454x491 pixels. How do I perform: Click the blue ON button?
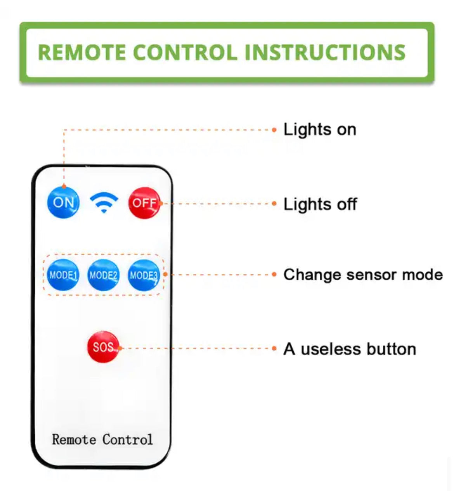(63, 202)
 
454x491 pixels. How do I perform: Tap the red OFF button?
(144, 203)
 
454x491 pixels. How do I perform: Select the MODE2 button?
(104, 275)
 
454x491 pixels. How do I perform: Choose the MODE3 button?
(144, 275)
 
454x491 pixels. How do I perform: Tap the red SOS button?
(104, 347)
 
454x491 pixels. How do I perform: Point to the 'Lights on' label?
(320, 129)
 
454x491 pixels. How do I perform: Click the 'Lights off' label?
(320, 204)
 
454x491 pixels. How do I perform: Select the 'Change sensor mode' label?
(363, 275)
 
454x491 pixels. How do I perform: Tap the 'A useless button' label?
(350, 349)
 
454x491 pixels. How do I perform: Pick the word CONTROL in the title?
(185, 52)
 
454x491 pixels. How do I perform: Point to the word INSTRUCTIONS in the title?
(325, 52)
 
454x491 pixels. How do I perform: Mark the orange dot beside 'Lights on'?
(274, 130)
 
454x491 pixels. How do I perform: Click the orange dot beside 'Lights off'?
(274, 204)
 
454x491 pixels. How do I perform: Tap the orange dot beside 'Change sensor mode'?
(274, 274)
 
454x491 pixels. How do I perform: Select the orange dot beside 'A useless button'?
(274, 348)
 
